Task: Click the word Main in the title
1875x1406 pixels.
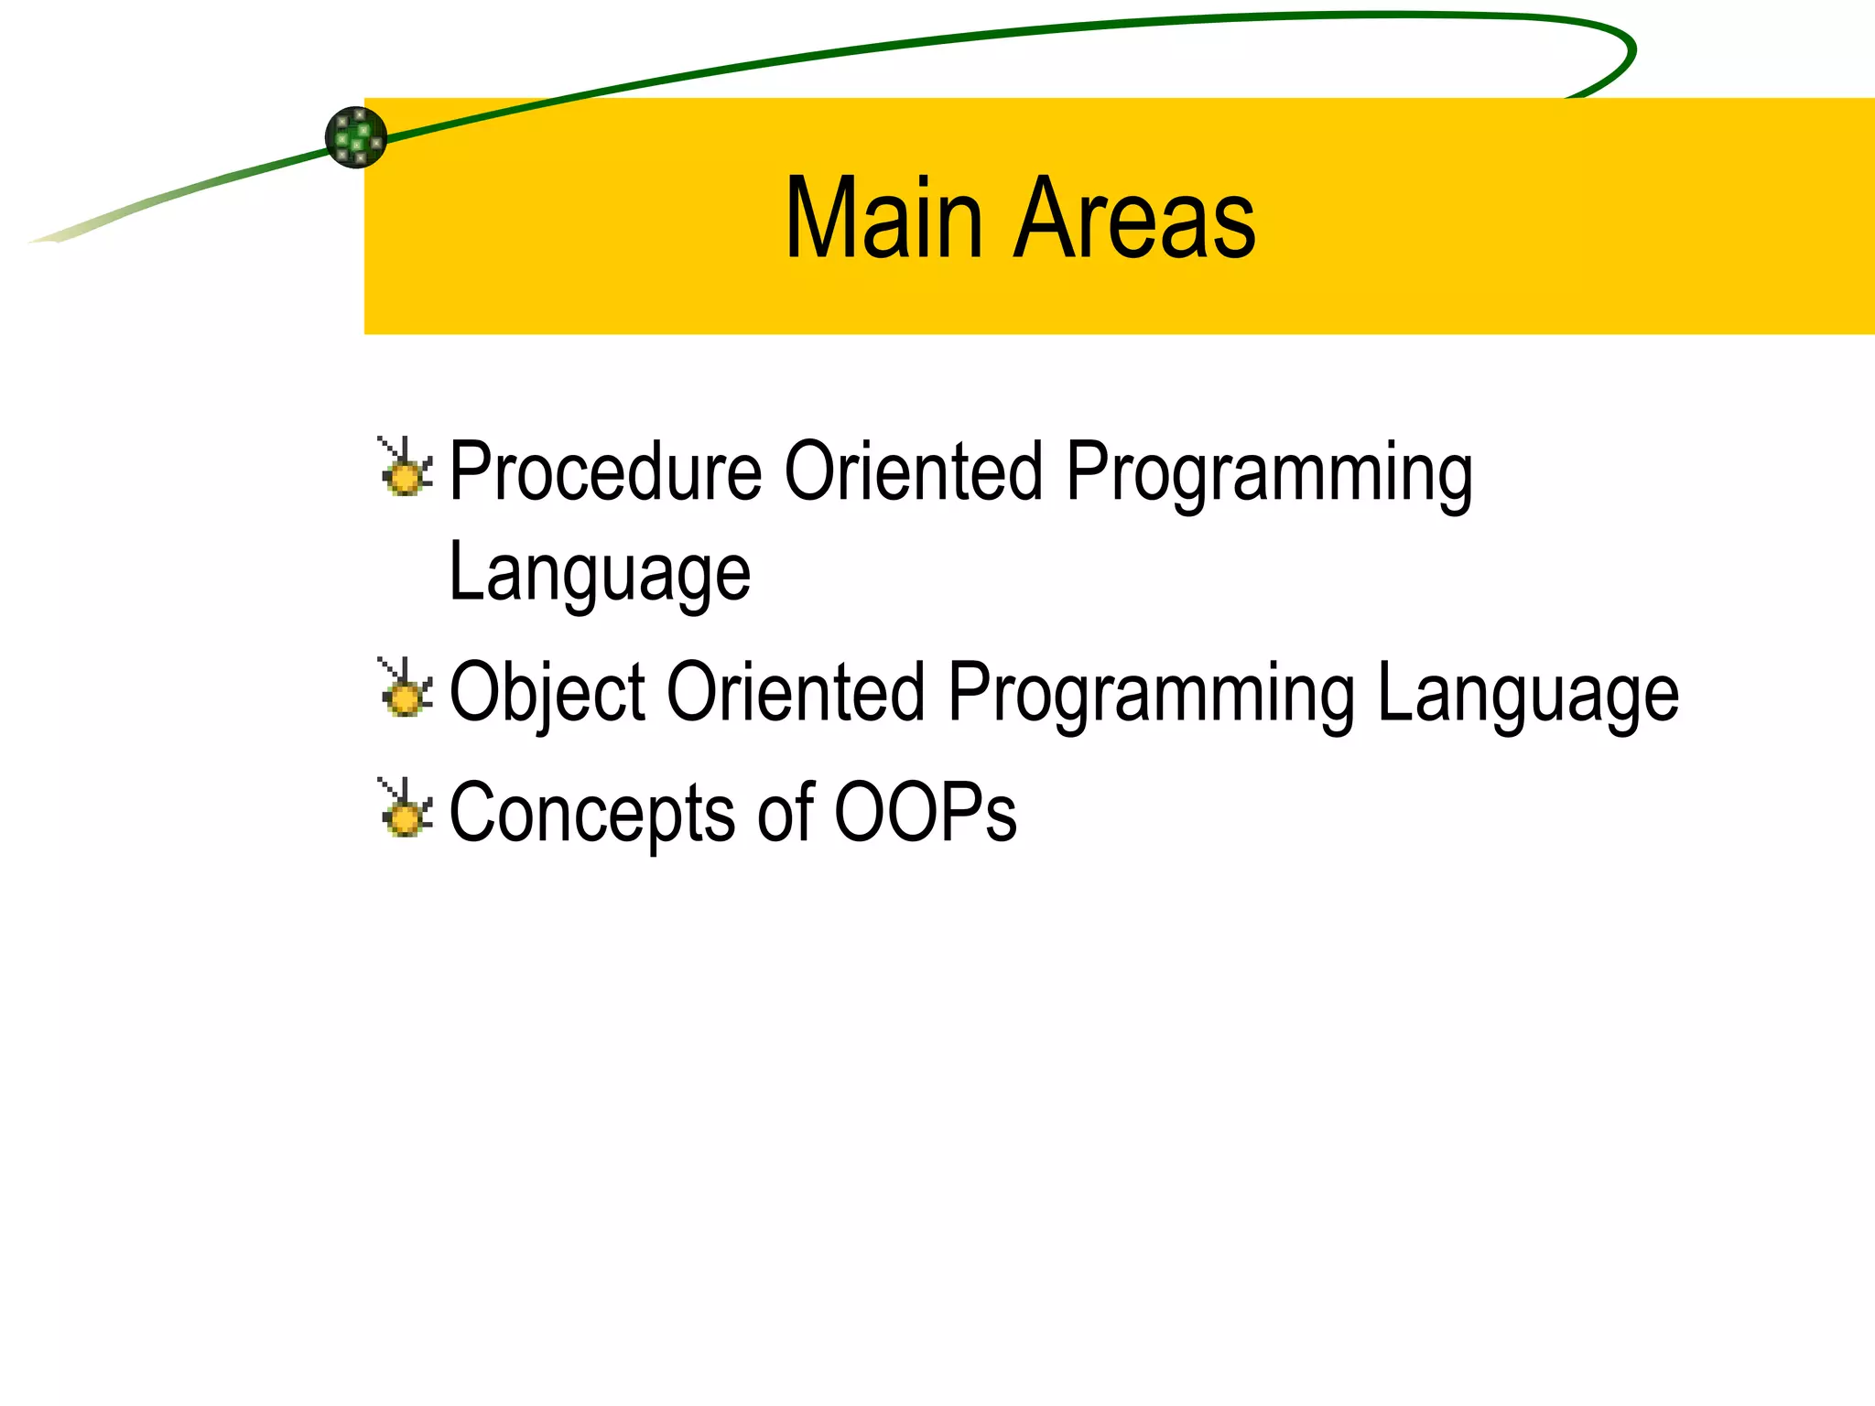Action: click(883, 220)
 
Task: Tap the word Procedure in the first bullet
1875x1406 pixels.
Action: click(605, 473)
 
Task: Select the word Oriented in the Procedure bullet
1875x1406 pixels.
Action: click(913, 471)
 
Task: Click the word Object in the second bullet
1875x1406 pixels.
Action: click(547, 694)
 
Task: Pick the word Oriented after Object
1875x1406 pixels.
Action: click(795, 692)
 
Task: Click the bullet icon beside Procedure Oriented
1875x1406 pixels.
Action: click(405, 468)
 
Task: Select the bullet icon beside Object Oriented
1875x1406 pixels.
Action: click(405, 688)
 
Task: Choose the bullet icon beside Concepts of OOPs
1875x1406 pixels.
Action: click(405, 808)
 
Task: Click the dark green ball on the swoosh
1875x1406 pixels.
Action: click(356, 137)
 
